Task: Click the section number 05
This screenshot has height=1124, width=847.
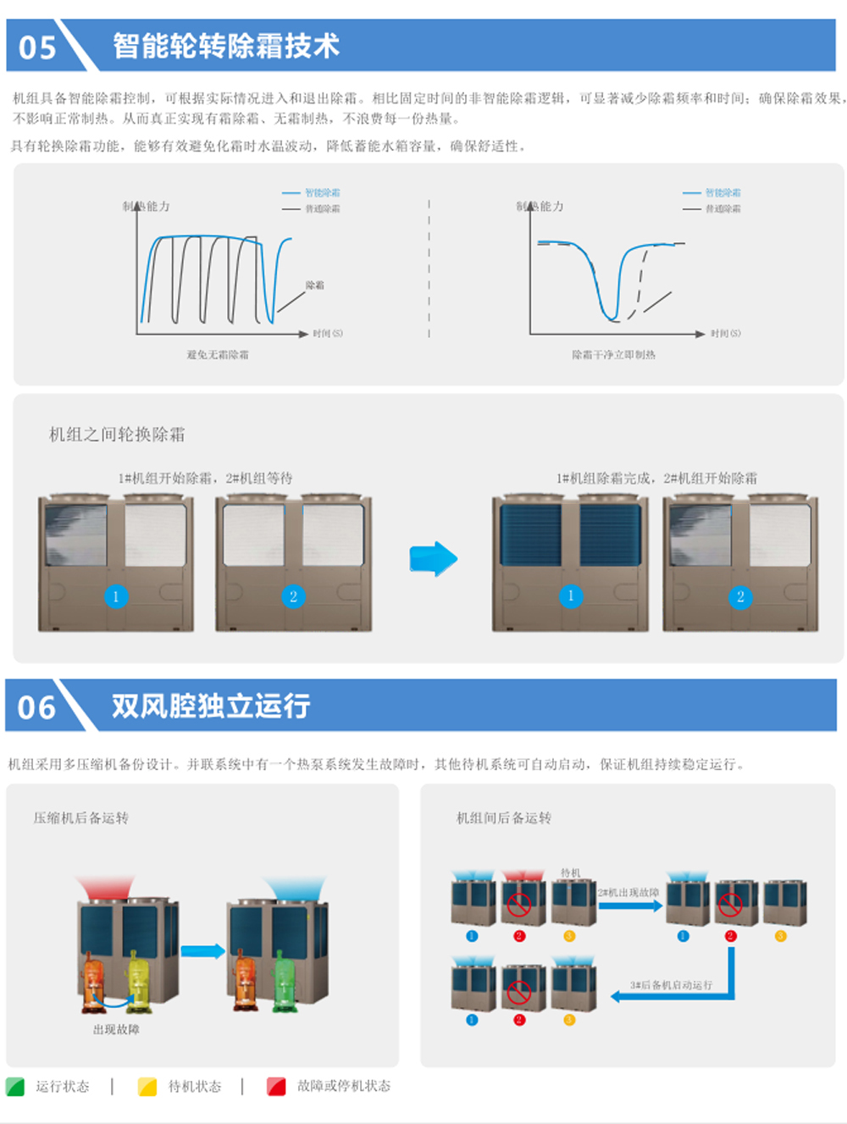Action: (37, 47)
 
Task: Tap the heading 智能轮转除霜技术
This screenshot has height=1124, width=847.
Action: (226, 46)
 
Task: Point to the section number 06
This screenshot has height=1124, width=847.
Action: (37, 707)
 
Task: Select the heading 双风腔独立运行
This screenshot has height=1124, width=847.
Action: (211, 706)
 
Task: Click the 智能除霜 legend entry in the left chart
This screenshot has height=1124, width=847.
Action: (322, 193)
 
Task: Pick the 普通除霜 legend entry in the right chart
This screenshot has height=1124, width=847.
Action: (722, 208)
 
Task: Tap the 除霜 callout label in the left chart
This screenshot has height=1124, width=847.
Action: (315, 285)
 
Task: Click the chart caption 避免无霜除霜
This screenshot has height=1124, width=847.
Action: (218, 355)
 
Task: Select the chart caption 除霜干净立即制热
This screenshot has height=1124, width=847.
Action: (613, 355)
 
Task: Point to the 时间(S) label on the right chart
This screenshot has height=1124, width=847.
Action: (725, 334)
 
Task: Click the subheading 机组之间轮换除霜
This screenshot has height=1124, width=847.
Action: (117, 435)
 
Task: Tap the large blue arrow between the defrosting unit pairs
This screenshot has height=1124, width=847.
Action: (433, 559)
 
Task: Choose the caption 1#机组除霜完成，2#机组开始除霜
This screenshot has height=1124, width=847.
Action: (656, 479)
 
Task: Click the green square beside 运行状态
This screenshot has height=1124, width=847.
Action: (15, 1087)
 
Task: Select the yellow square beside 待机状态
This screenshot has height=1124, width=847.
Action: (147, 1087)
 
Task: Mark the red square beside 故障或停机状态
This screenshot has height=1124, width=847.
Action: (276, 1087)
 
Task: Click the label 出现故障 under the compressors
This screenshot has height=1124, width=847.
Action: (116, 1029)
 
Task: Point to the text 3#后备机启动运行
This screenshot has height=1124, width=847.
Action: (671, 986)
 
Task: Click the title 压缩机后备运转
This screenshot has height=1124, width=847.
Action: (81, 818)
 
